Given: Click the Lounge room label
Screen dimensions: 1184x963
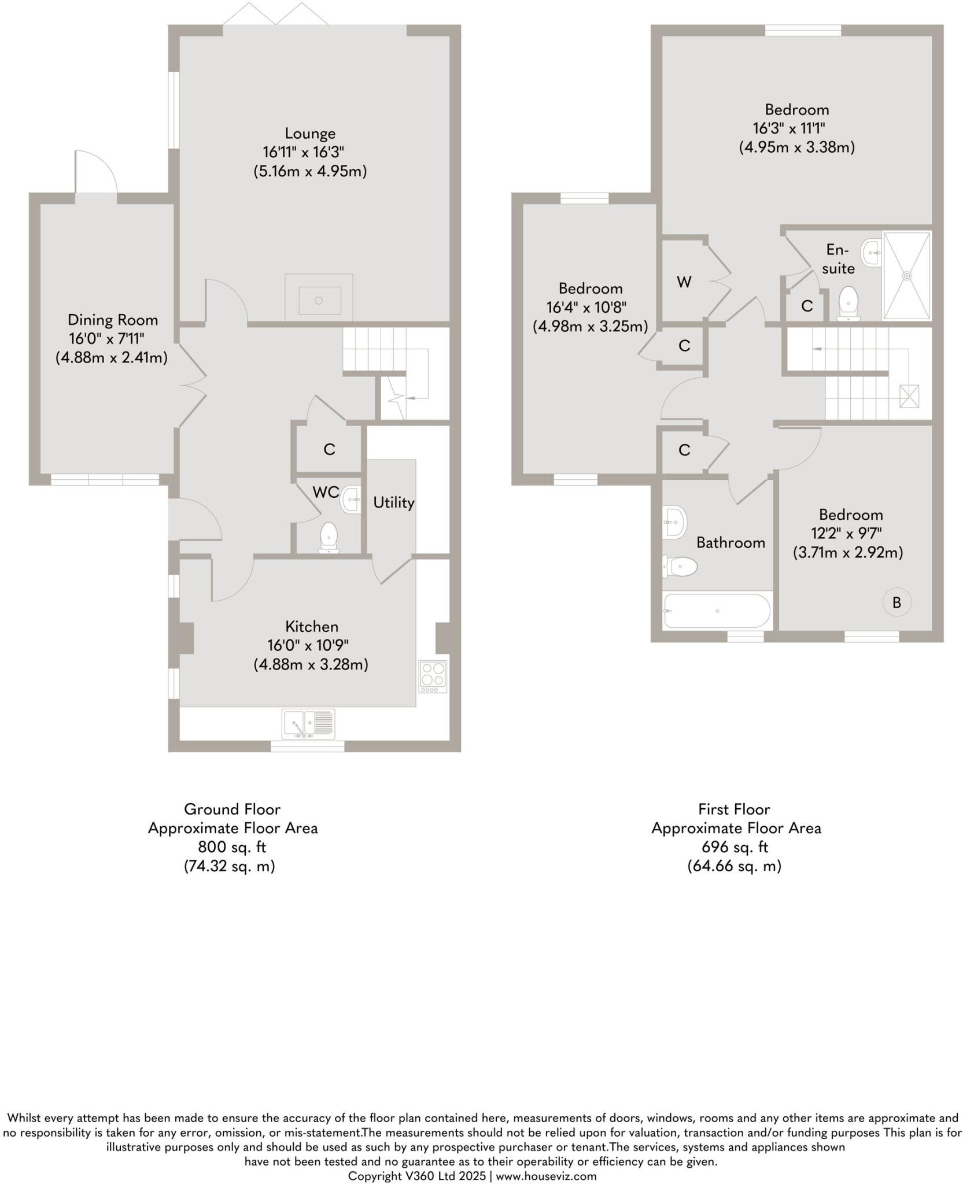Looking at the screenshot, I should pos(310,134).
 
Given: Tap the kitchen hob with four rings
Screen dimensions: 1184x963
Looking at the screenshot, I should pos(433,676).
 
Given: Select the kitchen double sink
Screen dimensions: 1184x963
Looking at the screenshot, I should pos(308,724).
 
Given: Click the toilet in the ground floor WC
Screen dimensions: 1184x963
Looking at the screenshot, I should pos(329,538).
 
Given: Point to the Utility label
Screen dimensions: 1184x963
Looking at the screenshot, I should pos(393,503).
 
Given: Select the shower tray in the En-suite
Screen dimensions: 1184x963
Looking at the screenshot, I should pos(907,276).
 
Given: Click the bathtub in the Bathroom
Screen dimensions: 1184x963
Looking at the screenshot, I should pos(717,611).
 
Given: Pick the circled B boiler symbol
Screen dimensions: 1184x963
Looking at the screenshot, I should pos(896,602).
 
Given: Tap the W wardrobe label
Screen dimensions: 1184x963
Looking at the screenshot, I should pos(684,282).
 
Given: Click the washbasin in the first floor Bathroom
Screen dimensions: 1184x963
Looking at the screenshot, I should pos(674,522).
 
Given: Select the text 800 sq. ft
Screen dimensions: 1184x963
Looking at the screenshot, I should pos(232,847).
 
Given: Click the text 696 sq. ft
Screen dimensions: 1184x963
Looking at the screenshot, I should pos(735,847).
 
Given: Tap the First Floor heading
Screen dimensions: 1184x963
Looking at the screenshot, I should pos(734,809).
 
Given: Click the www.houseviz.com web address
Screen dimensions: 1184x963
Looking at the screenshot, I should pos(545,1176).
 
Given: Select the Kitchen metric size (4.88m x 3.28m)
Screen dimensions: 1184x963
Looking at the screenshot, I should pos(311,664).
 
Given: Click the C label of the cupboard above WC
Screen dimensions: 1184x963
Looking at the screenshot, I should pos(329,449).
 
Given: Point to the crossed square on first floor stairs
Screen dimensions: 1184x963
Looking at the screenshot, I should pos(909,396).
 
